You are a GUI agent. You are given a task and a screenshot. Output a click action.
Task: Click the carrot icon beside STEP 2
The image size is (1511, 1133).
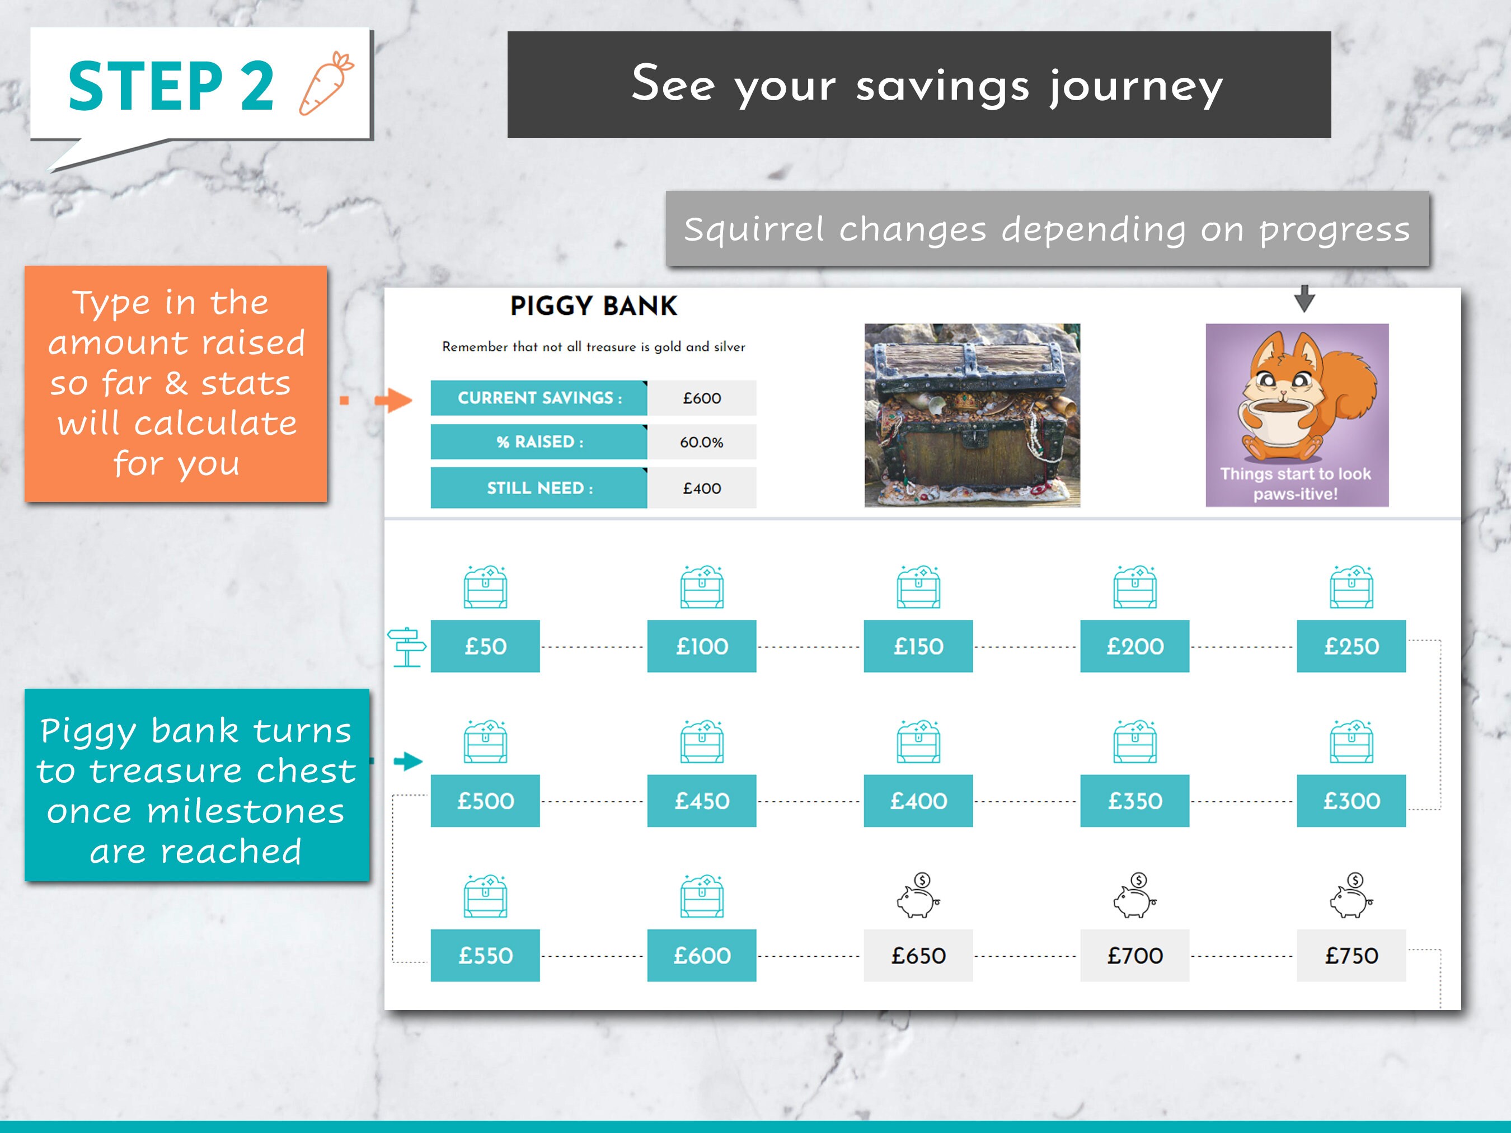pyautogui.click(x=326, y=83)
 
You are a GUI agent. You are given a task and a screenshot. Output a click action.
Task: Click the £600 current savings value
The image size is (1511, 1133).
pyautogui.click(x=702, y=398)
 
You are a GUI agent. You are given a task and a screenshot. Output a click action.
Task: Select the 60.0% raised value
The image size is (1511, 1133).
pyautogui.click(x=702, y=442)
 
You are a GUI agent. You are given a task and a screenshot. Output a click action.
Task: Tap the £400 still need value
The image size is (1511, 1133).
pyautogui.click(x=702, y=488)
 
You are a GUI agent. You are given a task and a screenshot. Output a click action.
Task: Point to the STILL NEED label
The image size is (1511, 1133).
pyautogui.click(x=539, y=488)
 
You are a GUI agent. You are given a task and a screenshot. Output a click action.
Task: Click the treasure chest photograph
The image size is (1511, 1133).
pyautogui.click(x=972, y=415)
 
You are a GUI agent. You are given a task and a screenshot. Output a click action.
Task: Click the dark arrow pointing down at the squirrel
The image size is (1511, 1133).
pyautogui.click(x=1304, y=298)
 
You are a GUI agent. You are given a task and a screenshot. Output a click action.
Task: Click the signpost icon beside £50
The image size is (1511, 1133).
pyautogui.click(x=406, y=647)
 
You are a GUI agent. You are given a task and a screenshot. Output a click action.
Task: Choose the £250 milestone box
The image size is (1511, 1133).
pyautogui.click(x=1351, y=647)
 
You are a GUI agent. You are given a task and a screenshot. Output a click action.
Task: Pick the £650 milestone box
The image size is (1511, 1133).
pyautogui.click(x=918, y=956)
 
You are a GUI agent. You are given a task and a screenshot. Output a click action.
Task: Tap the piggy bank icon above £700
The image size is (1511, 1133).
pyautogui.click(x=1134, y=896)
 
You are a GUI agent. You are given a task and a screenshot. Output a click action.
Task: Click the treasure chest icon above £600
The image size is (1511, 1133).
pyautogui.click(x=702, y=896)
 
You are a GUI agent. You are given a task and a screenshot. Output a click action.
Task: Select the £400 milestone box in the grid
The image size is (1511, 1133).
pyautogui.click(x=918, y=801)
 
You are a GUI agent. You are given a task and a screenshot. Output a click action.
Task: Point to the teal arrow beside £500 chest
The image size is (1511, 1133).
pyautogui.click(x=408, y=761)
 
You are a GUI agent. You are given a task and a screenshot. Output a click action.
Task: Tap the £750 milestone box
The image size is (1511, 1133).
pyautogui.click(x=1351, y=956)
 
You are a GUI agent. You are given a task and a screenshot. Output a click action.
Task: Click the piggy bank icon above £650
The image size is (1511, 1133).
pyautogui.click(x=918, y=896)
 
